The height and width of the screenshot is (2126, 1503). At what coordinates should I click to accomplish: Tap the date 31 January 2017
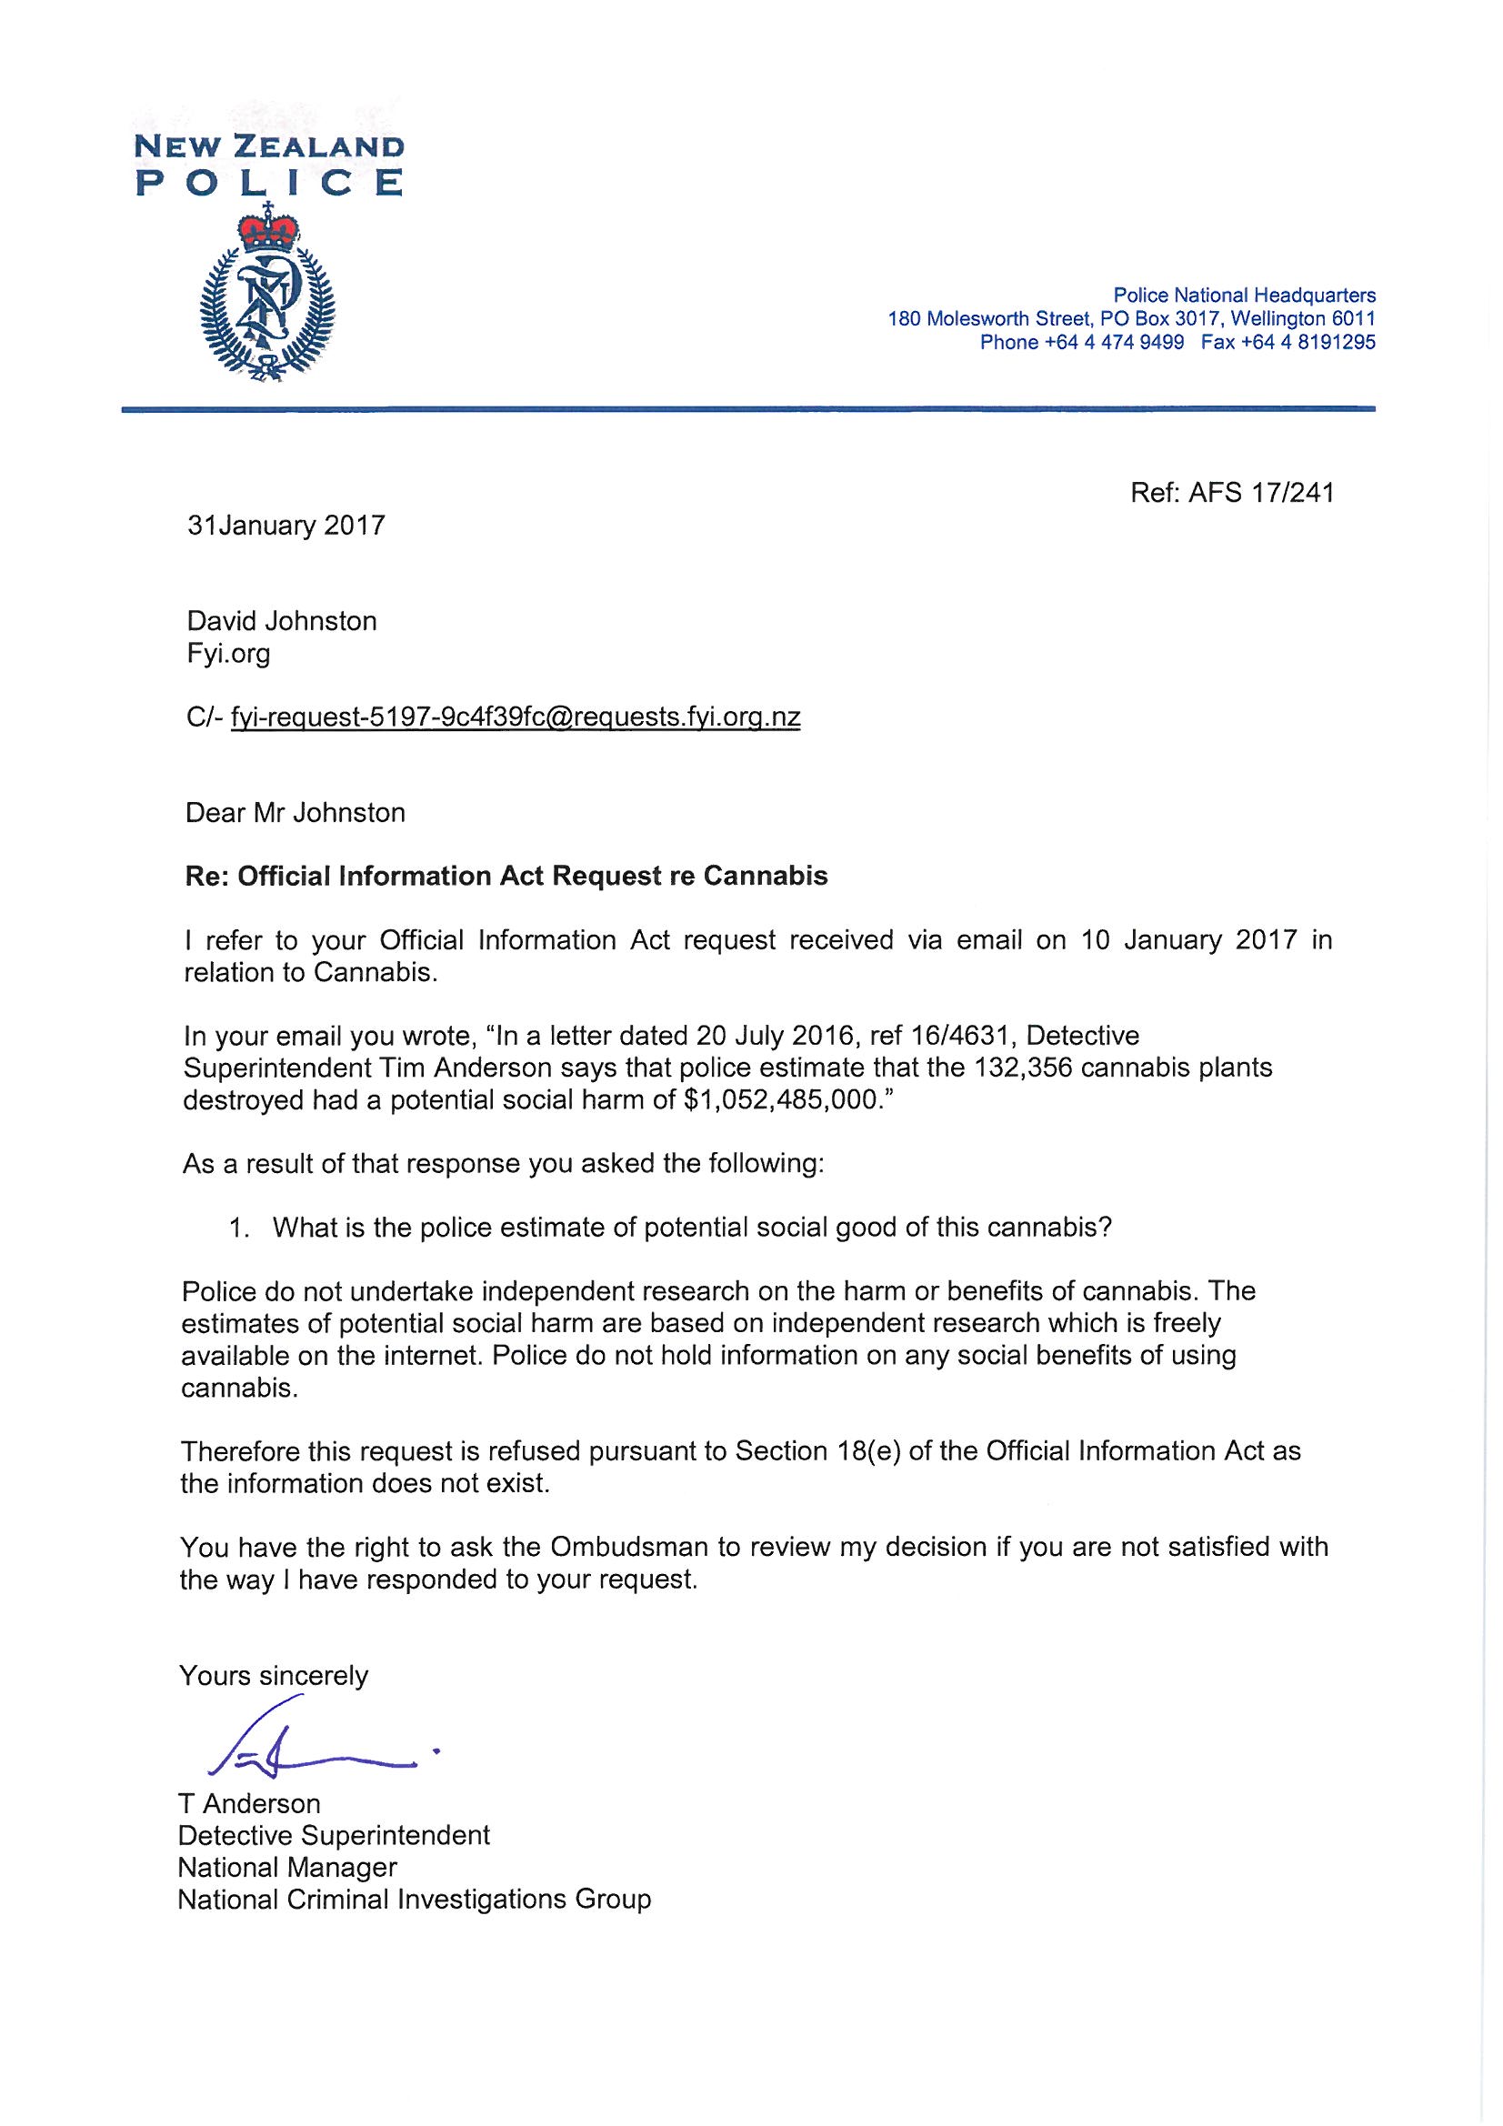(x=286, y=526)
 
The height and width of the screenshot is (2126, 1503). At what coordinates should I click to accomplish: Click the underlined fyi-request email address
(x=515, y=717)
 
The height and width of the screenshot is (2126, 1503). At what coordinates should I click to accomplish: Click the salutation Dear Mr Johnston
(x=296, y=813)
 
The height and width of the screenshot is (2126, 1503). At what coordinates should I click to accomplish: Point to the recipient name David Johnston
(x=282, y=620)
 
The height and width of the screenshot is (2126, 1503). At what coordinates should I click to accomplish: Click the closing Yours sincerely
(x=274, y=1675)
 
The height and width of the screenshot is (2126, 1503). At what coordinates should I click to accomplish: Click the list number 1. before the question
(x=240, y=1228)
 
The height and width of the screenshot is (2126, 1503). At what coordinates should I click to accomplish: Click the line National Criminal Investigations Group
(x=414, y=1900)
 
